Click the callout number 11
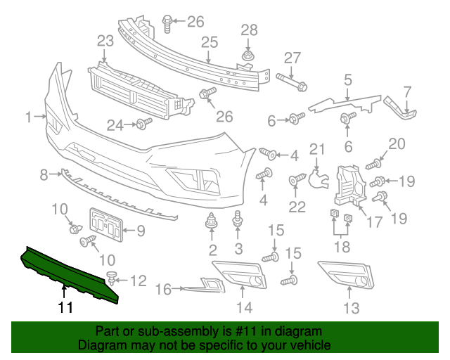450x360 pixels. [65, 307]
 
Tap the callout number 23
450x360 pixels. [105, 42]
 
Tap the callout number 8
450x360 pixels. [43, 173]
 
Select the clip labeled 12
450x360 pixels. [110, 277]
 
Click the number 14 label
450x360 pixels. [244, 307]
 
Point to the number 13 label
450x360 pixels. [351, 307]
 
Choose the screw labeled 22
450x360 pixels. [296, 181]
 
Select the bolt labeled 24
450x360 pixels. [143, 124]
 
